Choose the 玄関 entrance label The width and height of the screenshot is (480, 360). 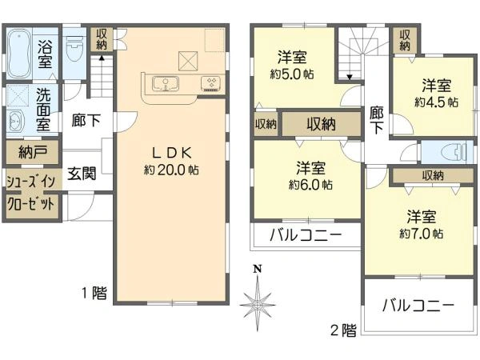tap(82, 174)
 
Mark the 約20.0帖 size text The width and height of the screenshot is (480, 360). tap(171, 170)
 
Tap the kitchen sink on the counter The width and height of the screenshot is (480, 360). tap(163, 82)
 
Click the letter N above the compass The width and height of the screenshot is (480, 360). tap(256, 270)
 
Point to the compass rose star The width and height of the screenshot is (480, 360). tap(256, 304)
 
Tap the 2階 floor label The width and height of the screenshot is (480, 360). tap(342, 329)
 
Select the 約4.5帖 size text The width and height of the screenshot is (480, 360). tap(436, 102)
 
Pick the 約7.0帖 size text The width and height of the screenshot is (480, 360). tap(419, 234)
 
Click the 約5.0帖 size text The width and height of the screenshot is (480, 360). tap(290, 74)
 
